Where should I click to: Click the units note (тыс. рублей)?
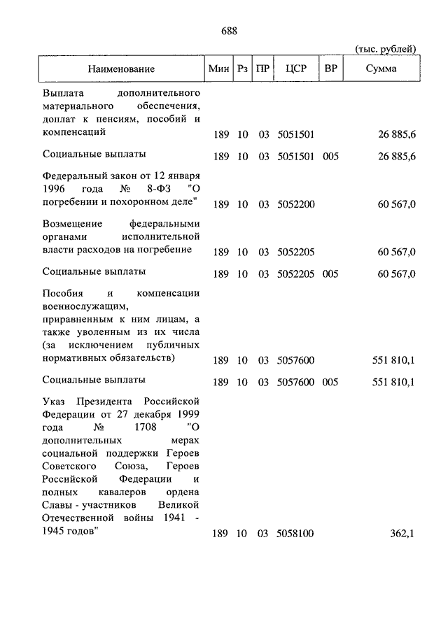pos(386,48)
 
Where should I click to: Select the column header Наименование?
pos(122,69)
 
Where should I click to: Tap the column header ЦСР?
pos(294,69)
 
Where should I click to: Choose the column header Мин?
pos(219,69)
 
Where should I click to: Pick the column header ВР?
pos(330,69)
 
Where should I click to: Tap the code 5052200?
pos(295,204)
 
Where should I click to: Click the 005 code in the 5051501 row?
pos(330,157)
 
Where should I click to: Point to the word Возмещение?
pos(72,223)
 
